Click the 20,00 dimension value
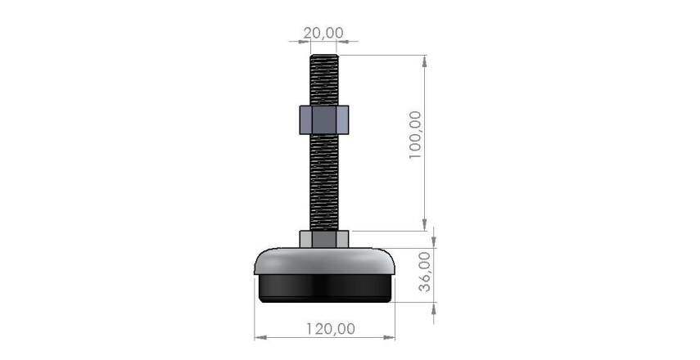tap(323, 33)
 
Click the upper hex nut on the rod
tap(324, 119)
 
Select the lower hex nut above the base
tap(324, 239)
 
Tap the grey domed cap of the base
tap(325, 261)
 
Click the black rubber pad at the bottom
tap(325, 288)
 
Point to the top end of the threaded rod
tap(324, 56)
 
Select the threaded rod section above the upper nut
tap(324, 82)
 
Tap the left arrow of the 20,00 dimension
tap(295, 38)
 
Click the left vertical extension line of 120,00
tap(255, 319)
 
